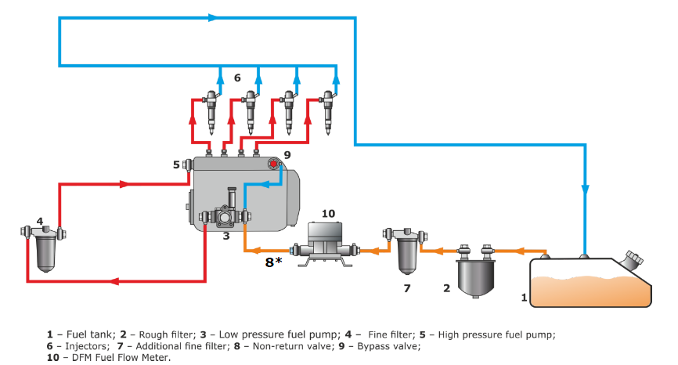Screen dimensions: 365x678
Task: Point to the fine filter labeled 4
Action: pyautogui.click(x=42, y=249)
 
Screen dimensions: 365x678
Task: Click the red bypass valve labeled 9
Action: pyautogui.click(x=273, y=164)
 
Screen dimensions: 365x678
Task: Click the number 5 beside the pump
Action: pyautogui.click(x=176, y=164)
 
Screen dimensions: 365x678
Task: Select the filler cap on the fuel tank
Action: pyautogui.click(x=632, y=260)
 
